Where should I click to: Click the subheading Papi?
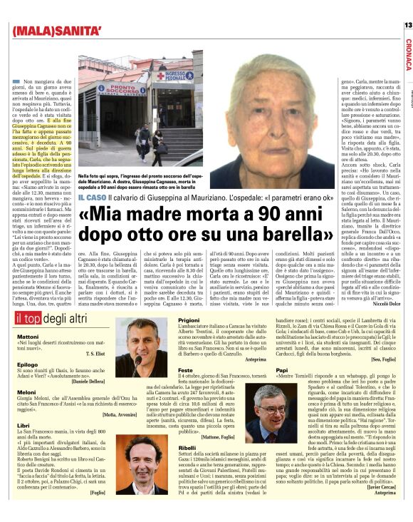(x=281, y=370)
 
